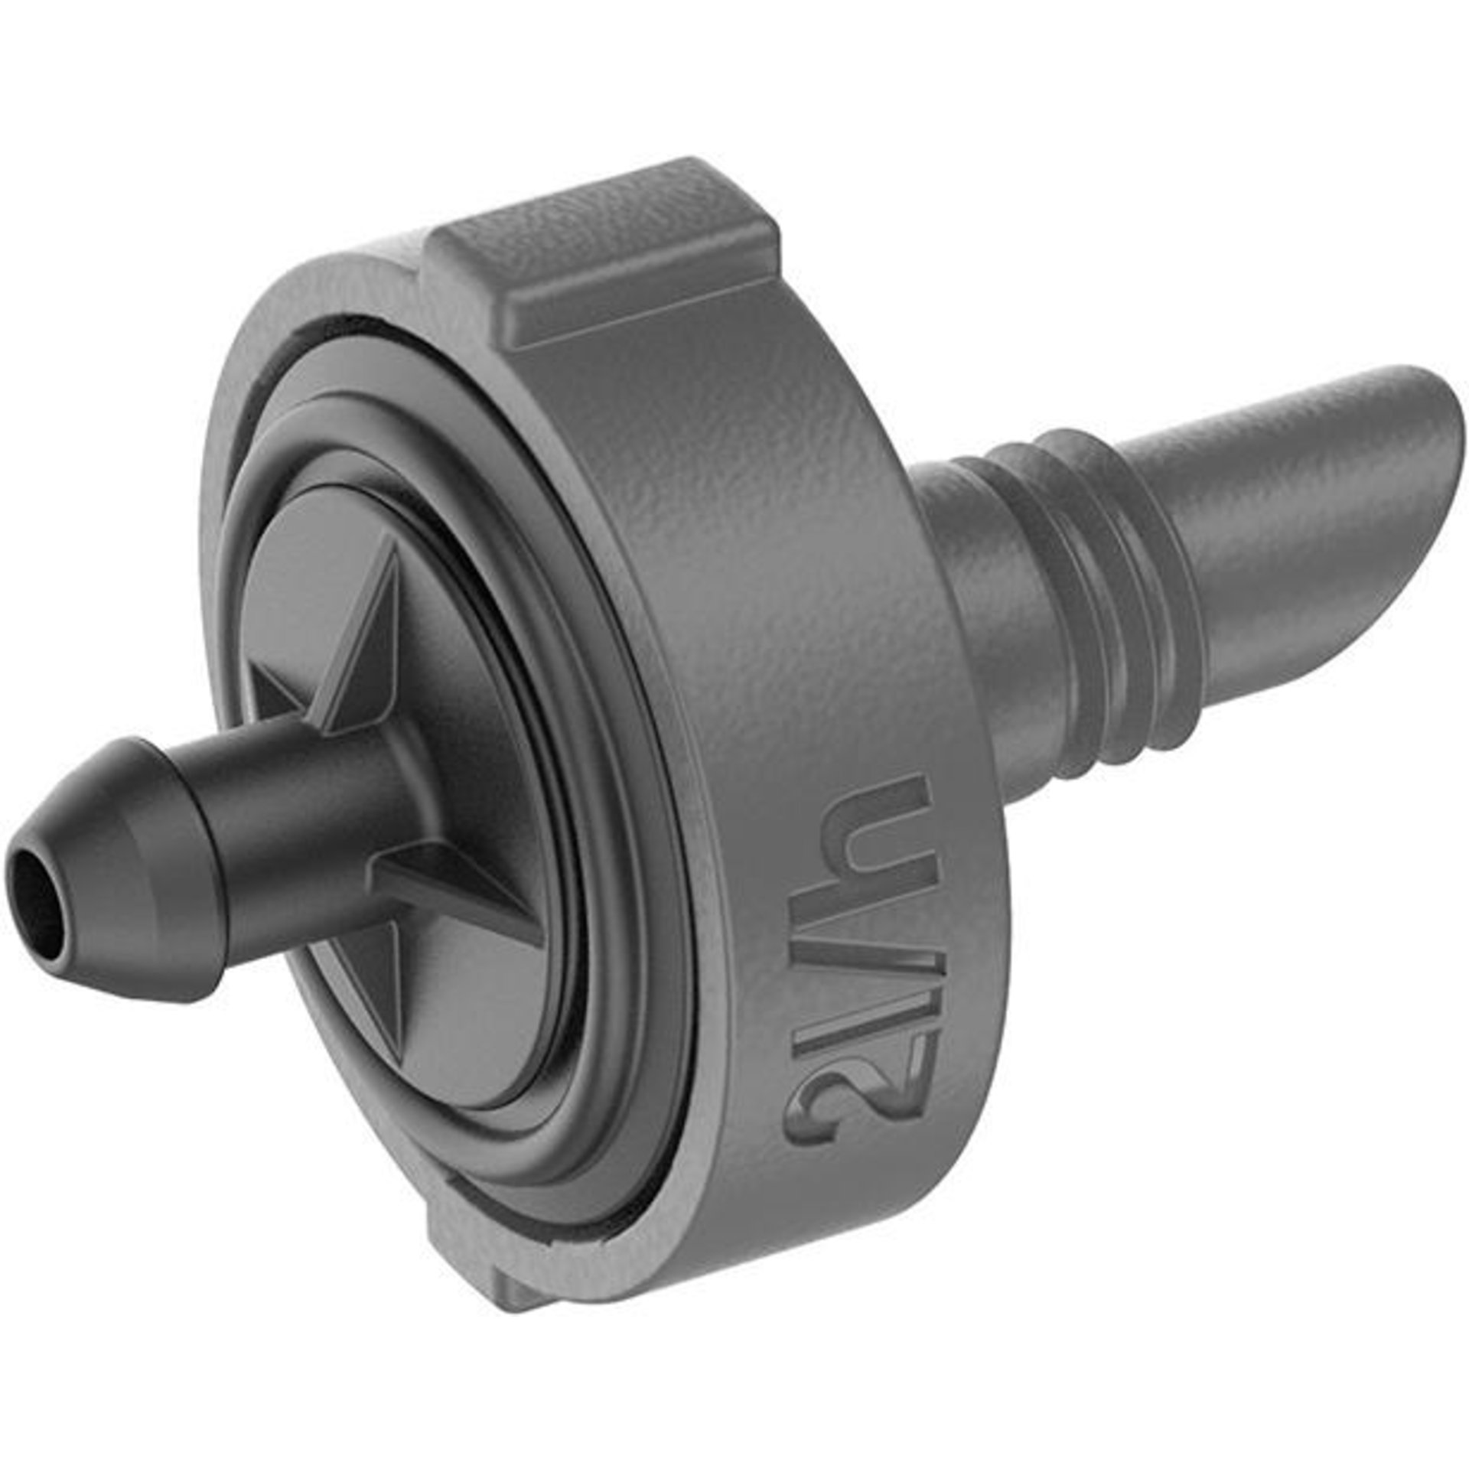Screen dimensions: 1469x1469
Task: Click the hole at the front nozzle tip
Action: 37,891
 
